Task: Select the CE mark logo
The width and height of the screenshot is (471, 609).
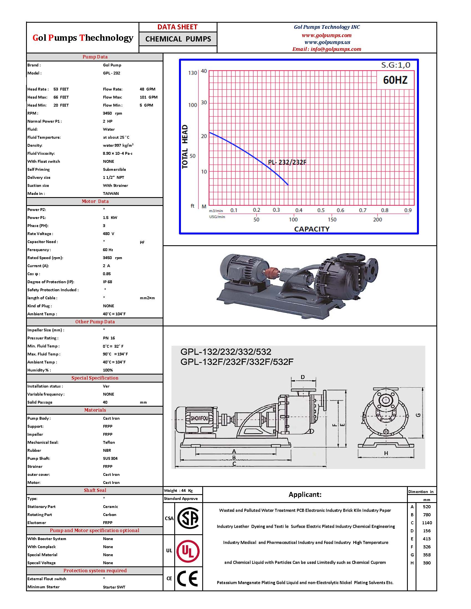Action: point(188,579)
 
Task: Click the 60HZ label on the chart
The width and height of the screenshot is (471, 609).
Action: point(395,80)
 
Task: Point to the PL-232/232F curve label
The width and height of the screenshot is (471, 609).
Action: point(287,162)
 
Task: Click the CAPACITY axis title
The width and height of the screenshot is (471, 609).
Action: point(312,229)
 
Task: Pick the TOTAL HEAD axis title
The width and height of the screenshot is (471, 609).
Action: point(185,146)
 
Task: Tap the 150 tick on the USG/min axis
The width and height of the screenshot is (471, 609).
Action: point(332,220)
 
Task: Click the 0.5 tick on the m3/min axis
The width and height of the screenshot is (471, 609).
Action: point(321,210)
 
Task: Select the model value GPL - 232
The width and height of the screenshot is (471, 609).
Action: point(112,73)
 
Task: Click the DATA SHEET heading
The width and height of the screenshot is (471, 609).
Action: point(178,27)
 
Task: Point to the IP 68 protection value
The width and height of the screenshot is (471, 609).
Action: point(107,282)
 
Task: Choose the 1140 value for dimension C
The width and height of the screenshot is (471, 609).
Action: point(427,523)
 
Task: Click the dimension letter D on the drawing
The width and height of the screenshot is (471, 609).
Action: point(303,377)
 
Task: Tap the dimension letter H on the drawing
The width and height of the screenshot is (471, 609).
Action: point(386,453)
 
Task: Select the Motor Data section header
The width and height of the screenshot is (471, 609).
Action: point(95,201)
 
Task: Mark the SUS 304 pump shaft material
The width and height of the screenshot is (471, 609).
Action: point(110,458)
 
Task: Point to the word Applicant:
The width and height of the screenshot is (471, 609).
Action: point(305,495)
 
